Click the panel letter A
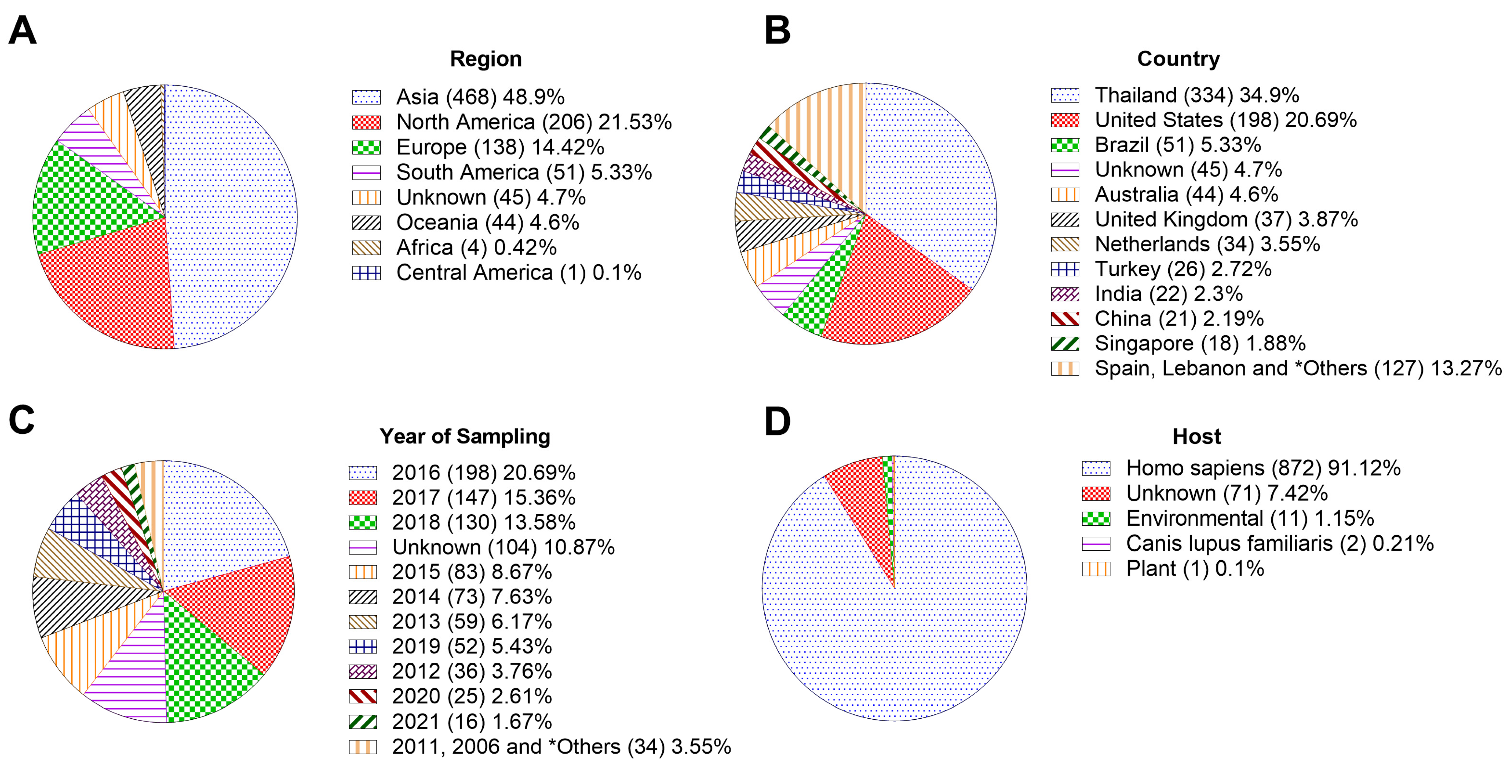point(22,31)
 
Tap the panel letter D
point(777,421)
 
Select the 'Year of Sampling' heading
point(464,437)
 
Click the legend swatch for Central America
point(366,273)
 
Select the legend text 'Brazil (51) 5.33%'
point(1177,145)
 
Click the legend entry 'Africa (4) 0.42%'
point(476,248)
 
